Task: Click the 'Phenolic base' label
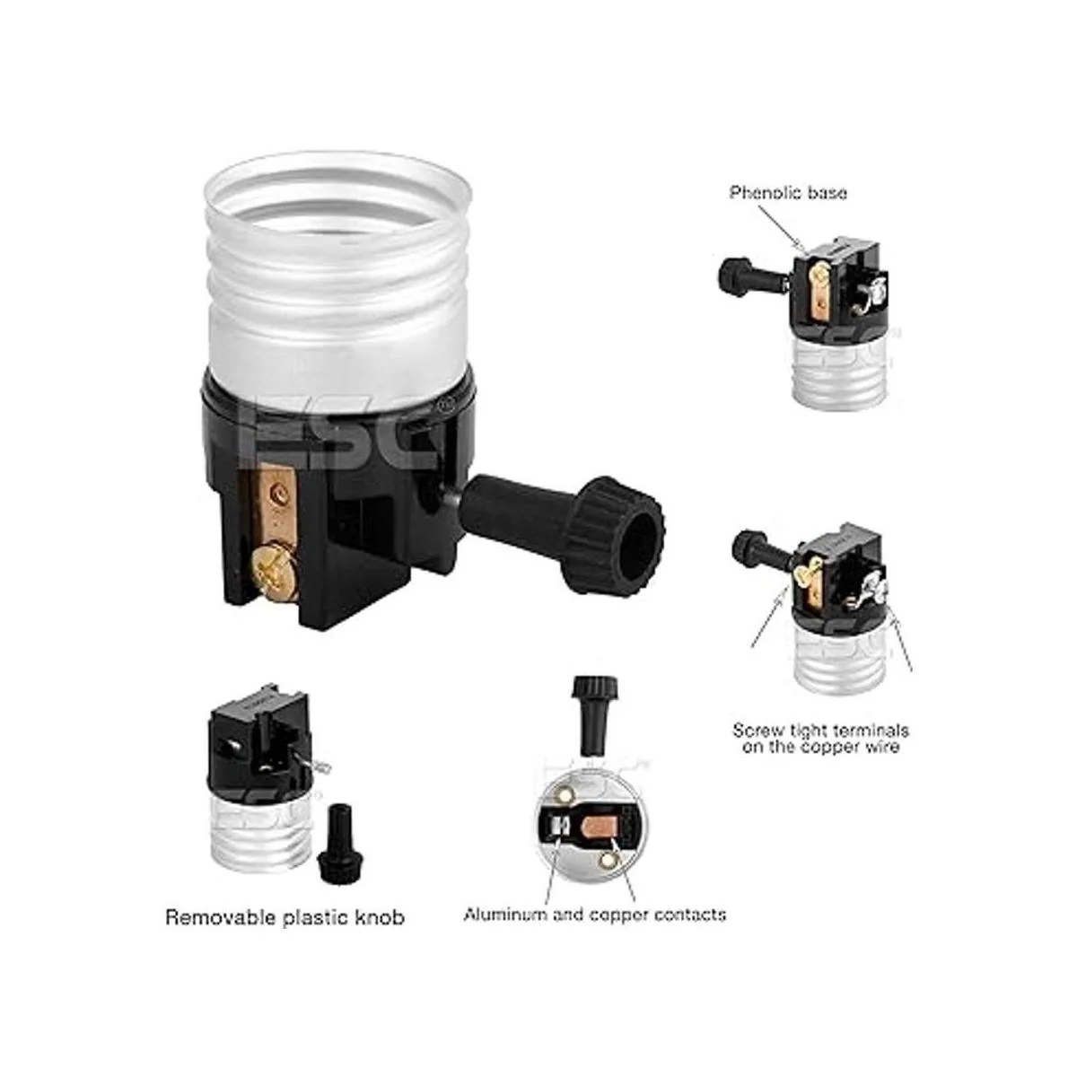pyautogui.click(x=787, y=193)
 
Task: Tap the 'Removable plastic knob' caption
pyautogui.click(x=285, y=918)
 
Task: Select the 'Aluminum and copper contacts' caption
pyautogui.click(x=595, y=915)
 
